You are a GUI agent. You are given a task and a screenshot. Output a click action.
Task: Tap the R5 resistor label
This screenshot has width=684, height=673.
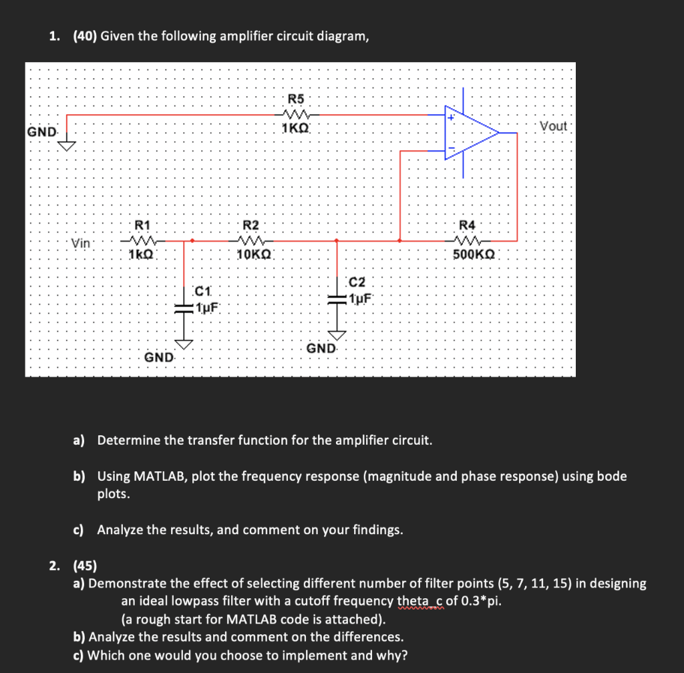(x=295, y=99)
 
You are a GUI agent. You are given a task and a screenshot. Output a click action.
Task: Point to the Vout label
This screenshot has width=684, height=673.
(x=552, y=126)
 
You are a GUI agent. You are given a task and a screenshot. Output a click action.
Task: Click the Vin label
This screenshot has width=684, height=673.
(x=81, y=243)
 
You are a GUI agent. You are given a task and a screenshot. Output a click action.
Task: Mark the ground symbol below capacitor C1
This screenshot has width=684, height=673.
(x=184, y=343)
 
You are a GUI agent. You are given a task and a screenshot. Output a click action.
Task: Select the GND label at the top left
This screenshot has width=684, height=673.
(x=41, y=132)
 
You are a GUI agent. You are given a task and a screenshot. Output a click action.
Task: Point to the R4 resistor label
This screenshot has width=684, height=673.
(x=469, y=225)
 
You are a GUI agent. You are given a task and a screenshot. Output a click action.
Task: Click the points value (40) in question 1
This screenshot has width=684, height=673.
(x=85, y=36)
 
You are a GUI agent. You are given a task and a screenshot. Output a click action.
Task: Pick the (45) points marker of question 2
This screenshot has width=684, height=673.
(x=85, y=566)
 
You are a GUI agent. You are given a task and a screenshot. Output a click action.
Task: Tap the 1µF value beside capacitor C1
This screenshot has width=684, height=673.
(x=208, y=306)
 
